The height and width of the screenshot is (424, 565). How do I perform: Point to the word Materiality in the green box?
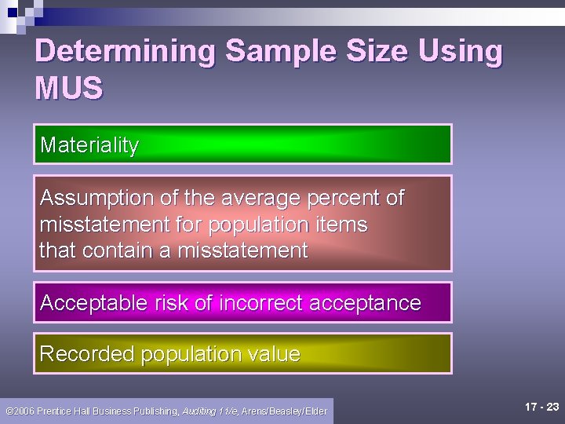tap(89, 145)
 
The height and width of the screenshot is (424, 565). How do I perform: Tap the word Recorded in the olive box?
tap(87, 354)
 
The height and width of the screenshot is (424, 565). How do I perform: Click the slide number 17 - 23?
tap(541, 407)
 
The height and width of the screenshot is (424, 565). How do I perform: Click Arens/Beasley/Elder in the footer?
tap(284, 411)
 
